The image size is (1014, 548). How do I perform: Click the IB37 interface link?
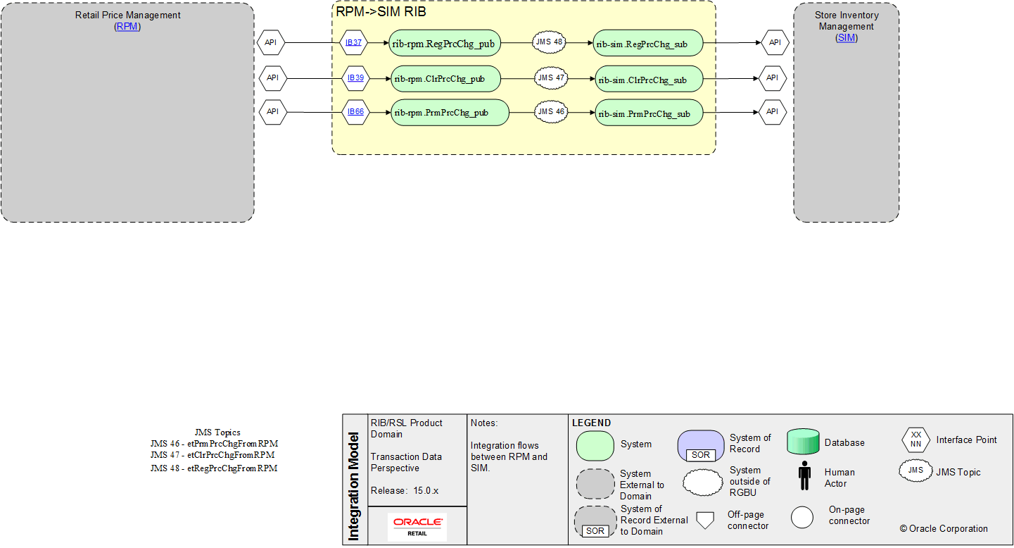[x=353, y=42]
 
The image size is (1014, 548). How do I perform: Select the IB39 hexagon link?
[x=355, y=77]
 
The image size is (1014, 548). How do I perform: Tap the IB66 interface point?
[x=355, y=111]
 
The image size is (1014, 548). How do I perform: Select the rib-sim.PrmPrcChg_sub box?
[x=649, y=113]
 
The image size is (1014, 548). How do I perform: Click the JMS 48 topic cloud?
[x=549, y=42]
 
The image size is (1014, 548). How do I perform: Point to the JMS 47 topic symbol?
[x=551, y=77]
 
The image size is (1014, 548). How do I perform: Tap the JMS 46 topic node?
[x=551, y=111]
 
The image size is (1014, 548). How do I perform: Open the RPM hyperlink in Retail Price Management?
[x=127, y=26]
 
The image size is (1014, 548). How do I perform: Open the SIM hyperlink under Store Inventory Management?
[x=846, y=37]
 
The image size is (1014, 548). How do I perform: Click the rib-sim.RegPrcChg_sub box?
[x=647, y=43]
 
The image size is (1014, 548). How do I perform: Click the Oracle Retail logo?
[x=417, y=525]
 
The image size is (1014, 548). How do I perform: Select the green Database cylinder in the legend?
[x=803, y=442]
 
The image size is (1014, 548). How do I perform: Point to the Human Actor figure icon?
[x=804, y=478]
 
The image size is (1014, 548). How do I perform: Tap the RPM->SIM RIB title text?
[x=381, y=12]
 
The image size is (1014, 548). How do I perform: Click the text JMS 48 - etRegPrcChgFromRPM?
[x=214, y=468]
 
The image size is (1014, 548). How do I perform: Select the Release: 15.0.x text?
[x=405, y=490]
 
